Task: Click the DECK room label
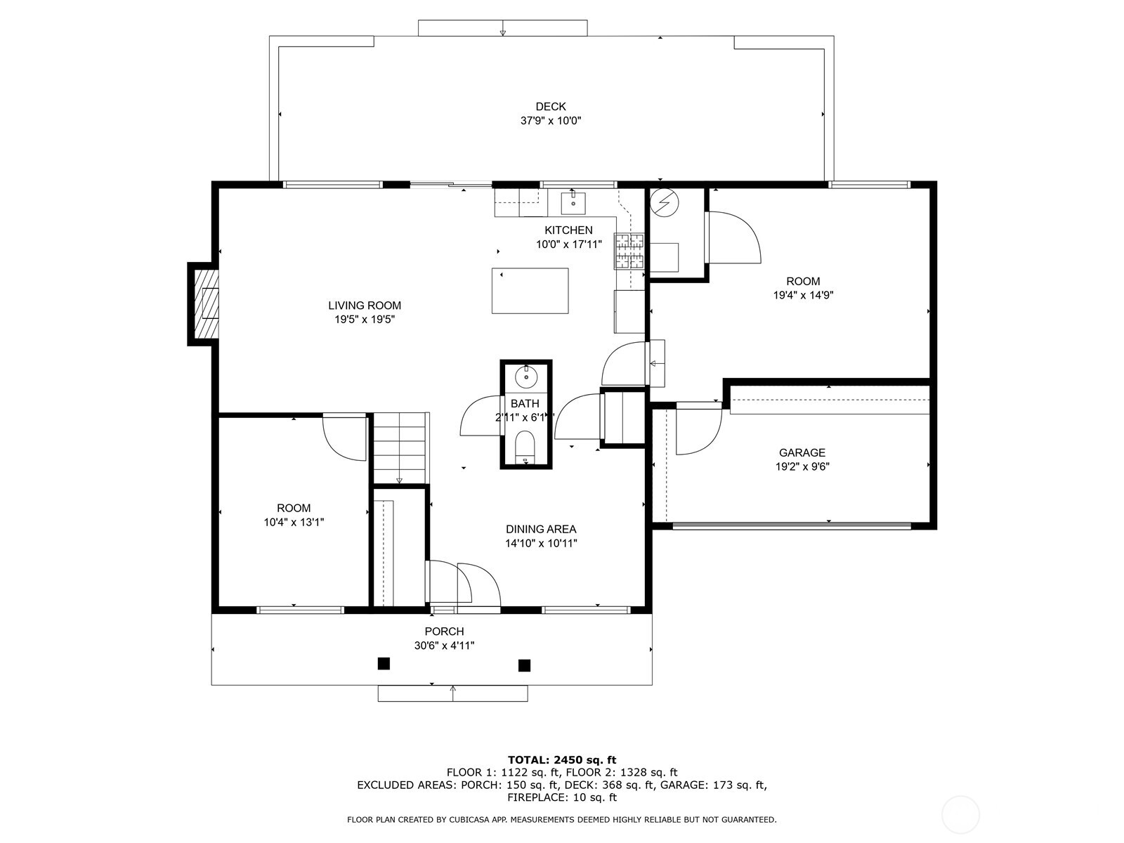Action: click(550, 107)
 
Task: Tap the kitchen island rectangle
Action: click(530, 291)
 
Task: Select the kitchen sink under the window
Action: click(573, 202)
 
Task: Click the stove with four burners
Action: click(629, 251)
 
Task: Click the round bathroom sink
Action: click(525, 378)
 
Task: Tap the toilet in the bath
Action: click(525, 447)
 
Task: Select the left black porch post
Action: click(384, 663)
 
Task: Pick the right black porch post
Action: click(524, 665)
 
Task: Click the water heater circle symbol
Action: click(665, 203)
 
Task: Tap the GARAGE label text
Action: click(802, 453)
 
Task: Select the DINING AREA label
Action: click(541, 529)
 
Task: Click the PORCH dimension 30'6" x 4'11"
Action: click(444, 646)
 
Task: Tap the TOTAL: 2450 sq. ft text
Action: click(561, 759)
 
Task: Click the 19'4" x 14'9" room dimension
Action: click(803, 296)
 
